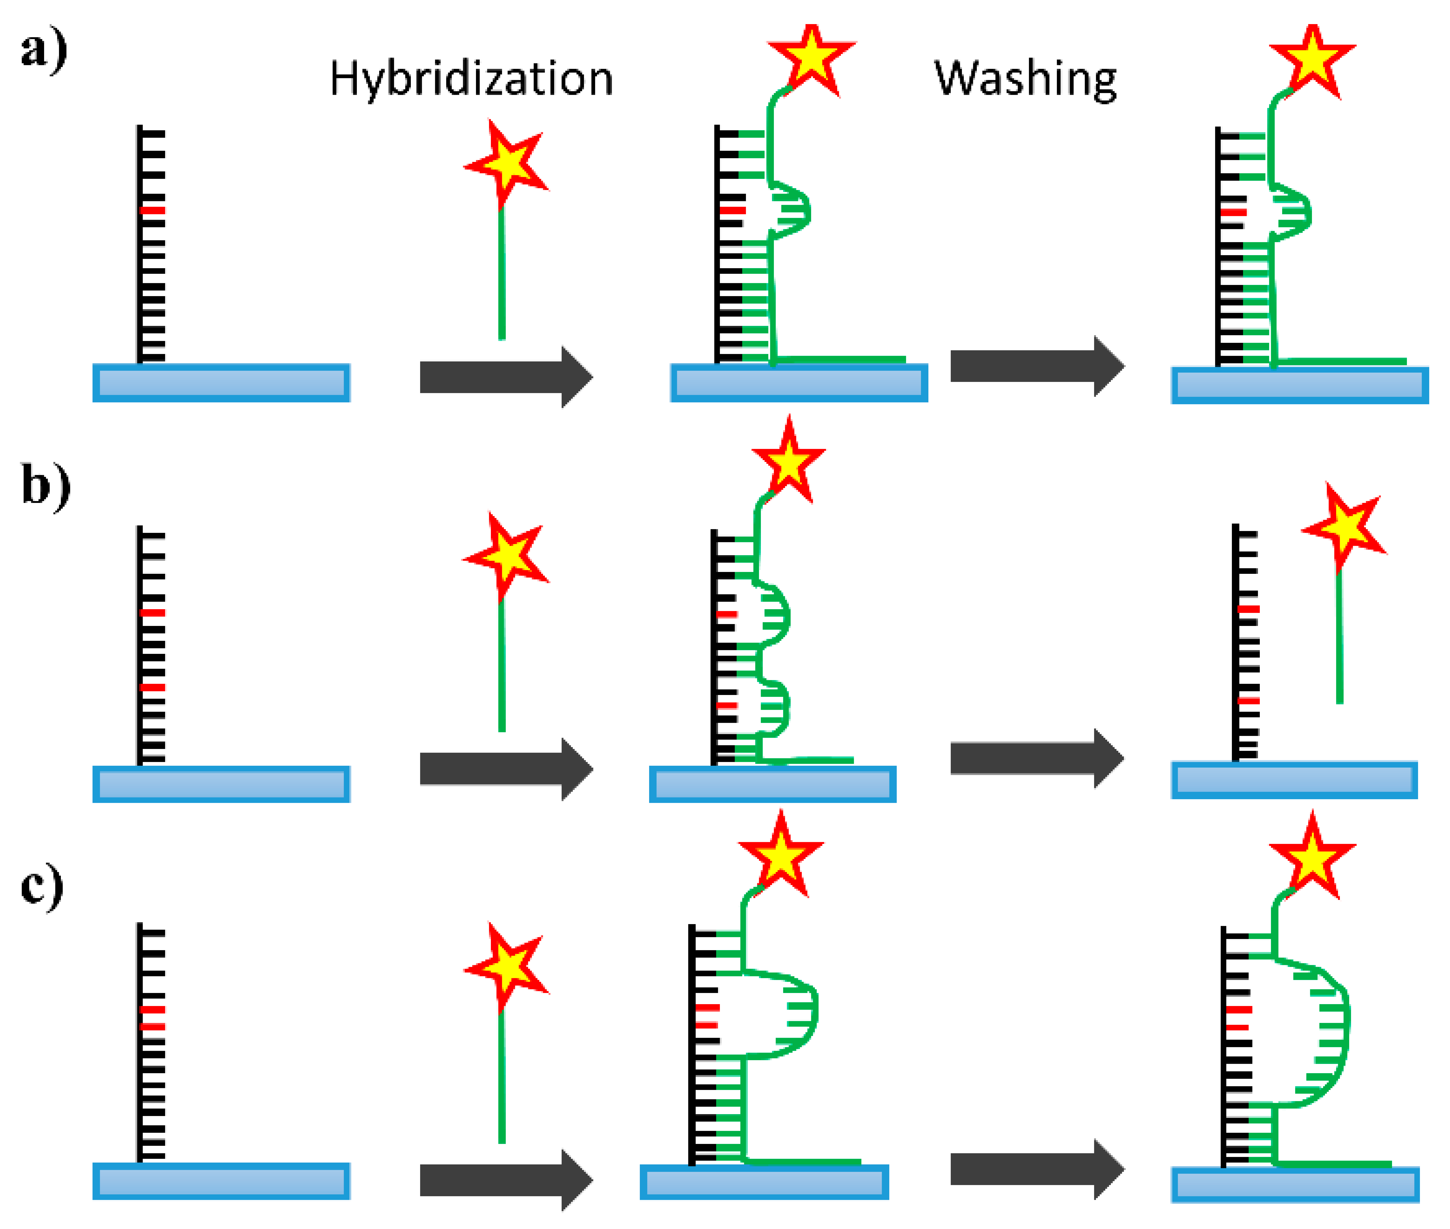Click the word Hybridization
tap(471, 79)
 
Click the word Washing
tap(1025, 79)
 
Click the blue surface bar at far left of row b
tap(221, 785)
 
